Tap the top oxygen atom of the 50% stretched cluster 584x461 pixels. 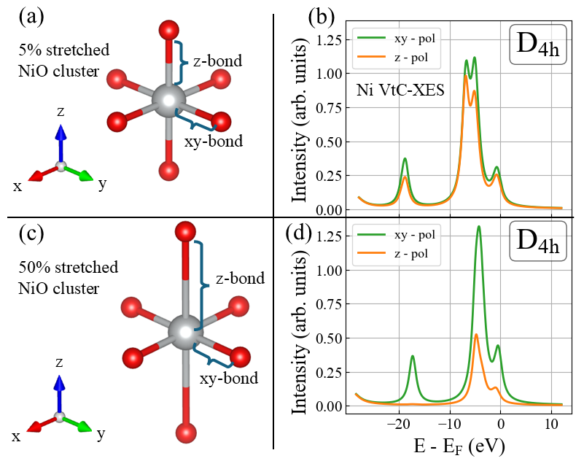click(x=184, y=233)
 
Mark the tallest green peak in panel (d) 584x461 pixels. click(x=478, y=228)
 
